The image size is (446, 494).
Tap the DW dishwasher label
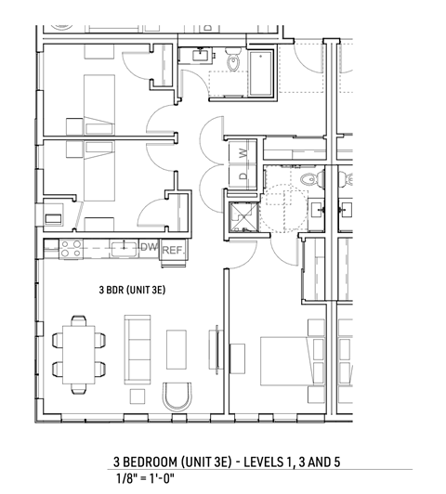149,248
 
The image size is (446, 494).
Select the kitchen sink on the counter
122,248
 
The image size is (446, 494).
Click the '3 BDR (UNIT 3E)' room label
132,290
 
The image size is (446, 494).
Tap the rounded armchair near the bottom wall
176,397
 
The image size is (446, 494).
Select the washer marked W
243,151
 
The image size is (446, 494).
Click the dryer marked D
243,174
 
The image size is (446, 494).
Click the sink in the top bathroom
200,55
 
